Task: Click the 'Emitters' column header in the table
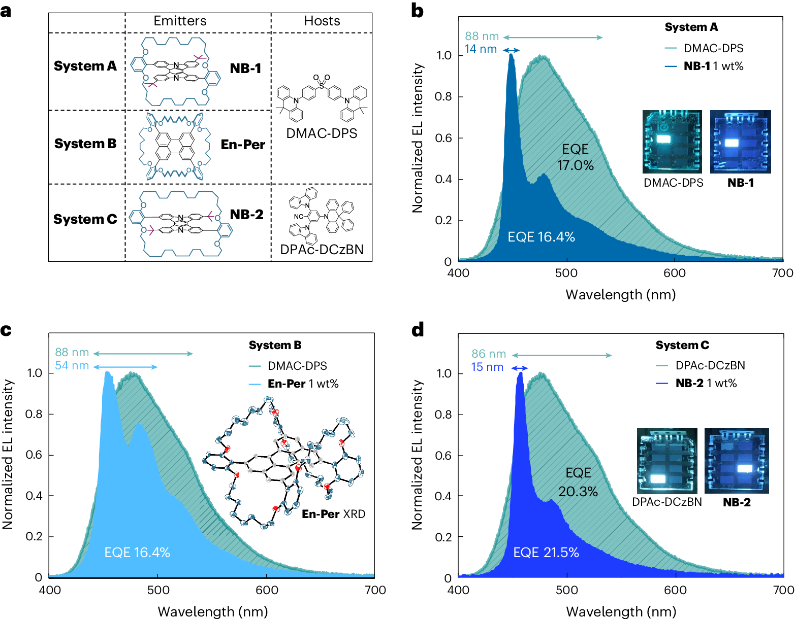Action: tap(180, 21)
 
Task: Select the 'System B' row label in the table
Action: tap(85, 144)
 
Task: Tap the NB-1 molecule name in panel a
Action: tap(245, 68)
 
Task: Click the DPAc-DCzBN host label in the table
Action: tap(322, 250)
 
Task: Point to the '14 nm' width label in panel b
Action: tap(481, 49)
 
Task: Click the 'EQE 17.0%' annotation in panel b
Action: tap(575, 157)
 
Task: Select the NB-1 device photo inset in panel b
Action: tap(740, 142)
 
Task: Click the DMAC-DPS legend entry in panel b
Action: tap(713, 48)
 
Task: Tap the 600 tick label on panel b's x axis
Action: tap(674, 273)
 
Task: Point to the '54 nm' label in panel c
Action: tap(72, 366)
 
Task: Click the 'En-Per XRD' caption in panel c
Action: tap(333, 514)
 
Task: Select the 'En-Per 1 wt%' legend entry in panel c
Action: tap(303, 384)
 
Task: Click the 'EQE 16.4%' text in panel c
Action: tap(137, 553)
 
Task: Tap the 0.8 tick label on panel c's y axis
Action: tap(35, 414)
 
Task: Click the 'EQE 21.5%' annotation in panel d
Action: tap(546, 553)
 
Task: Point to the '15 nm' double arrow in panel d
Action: tap(519, 368)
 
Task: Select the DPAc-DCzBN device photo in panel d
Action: tap(667, 461)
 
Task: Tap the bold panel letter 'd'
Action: tap(418, 330)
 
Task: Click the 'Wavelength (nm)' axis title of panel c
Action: tap(213, 611)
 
